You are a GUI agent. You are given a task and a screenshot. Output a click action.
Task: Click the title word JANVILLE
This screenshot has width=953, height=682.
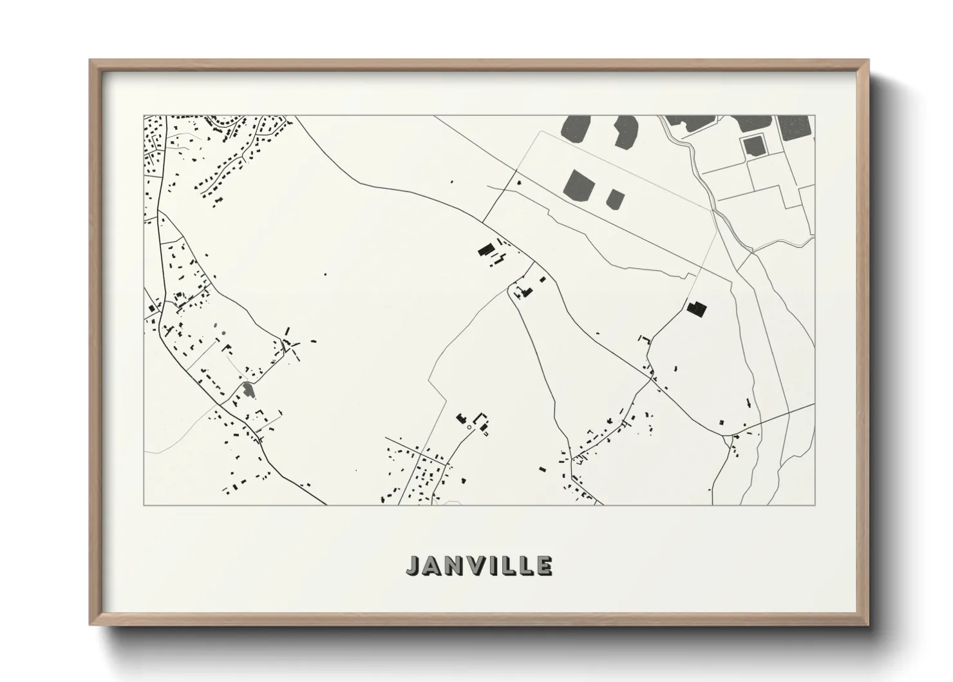(479, 565)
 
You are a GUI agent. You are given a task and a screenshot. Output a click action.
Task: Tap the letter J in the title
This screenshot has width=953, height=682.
(412, 565)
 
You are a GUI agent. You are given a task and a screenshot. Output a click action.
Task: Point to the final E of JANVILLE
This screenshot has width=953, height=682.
(545, 565)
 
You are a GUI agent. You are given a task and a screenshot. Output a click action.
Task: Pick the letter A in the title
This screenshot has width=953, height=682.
(430, 565)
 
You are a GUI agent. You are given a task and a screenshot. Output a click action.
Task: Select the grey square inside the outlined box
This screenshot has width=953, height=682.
(753, 146)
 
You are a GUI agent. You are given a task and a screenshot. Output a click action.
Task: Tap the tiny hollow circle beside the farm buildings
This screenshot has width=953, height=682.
(469, 427)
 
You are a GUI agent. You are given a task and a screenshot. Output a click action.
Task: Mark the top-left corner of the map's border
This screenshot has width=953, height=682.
(144, 116)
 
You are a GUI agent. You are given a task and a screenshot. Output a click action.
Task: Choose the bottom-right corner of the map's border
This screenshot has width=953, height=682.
(815, 505)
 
